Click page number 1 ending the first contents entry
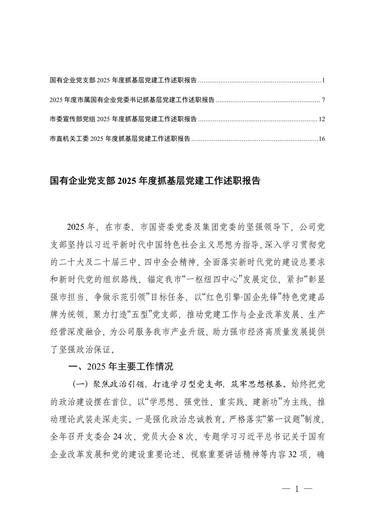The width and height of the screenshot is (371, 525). pyautogui.click(x=323, y=80)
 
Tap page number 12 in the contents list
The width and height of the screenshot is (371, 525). pyautogui.click(x=321, y=119)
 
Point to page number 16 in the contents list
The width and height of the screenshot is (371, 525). pyautogui.click(x=321, y=139)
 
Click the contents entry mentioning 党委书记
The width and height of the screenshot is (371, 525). pyautogui.click(x=132, y=100)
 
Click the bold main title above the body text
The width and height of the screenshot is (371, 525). pyautogui.click(x=154, y=182)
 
